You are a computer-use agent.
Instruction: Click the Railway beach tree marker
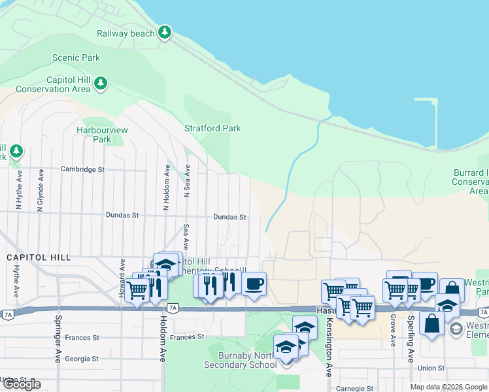[x=165, y=32]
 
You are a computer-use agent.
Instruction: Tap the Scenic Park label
[x=76, y=57]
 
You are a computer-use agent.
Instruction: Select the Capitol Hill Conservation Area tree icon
[x=100, y=83]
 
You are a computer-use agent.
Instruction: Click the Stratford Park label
[x=212, y=128]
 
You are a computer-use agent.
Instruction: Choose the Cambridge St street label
[x=82, y=169]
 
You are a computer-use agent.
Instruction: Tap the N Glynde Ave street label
[x=41, y=189]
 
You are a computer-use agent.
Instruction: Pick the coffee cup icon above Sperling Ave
[x=425, y=284]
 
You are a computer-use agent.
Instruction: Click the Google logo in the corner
[x=21, y=384]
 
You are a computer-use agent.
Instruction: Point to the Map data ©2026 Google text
[x=448, y=387]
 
